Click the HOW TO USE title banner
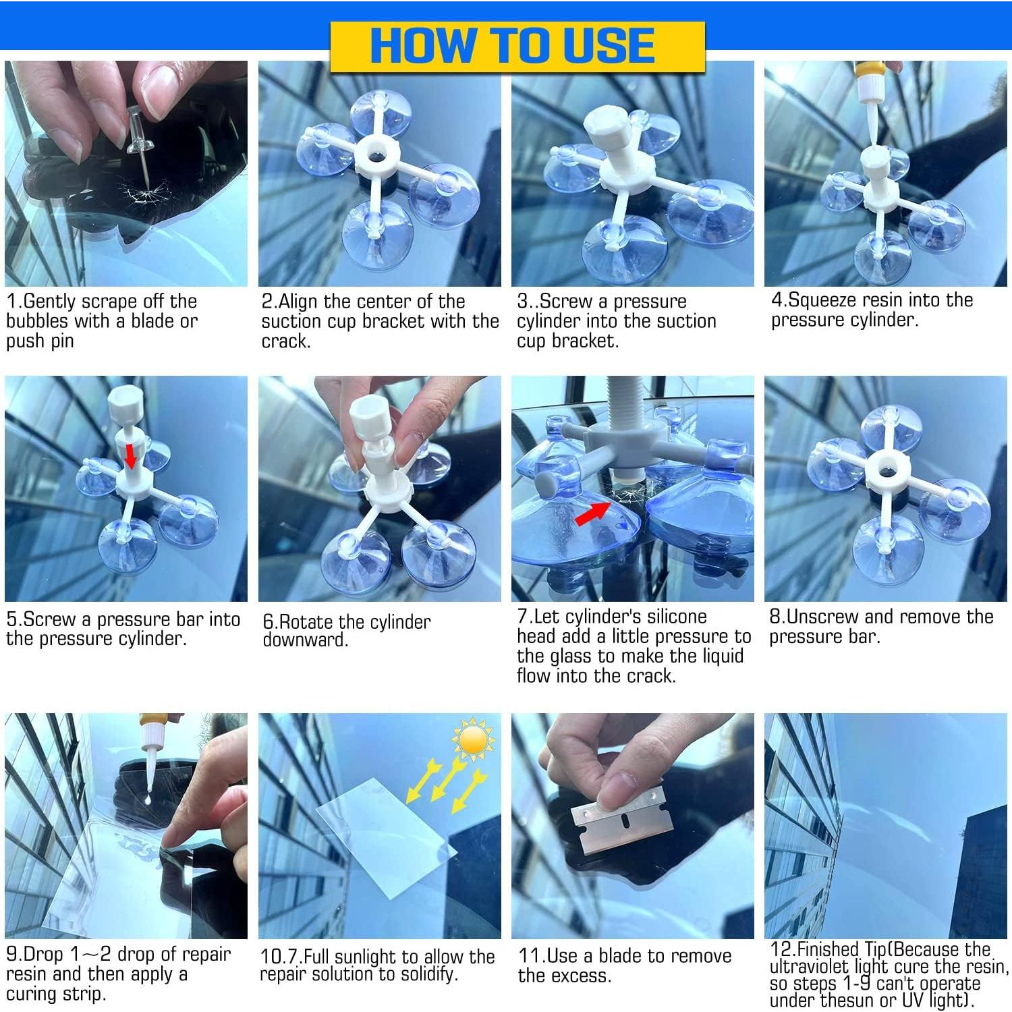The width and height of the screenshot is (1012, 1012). tap(517, 46)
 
